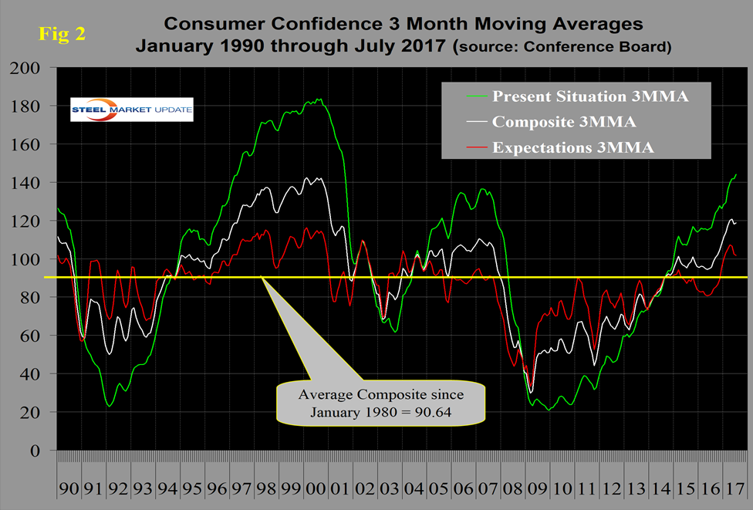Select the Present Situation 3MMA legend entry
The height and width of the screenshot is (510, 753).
click(x=567, y=98)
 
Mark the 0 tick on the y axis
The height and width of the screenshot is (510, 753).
click(x=43, y=451)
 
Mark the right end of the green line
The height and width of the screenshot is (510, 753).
click(x=736, y=174)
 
